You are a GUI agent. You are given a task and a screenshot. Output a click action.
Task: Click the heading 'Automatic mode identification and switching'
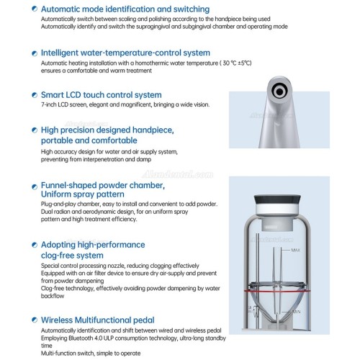pos(125,9)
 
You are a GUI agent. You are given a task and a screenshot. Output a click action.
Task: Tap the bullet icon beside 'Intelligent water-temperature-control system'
pos(35,53)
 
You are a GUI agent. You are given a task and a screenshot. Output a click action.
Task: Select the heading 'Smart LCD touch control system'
pos(101,95)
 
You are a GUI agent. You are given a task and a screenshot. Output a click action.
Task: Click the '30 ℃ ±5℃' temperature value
pos(237,63)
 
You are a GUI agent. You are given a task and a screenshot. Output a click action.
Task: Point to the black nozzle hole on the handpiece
pos(279,91)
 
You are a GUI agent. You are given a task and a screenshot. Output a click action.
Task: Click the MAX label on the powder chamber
pos(295,250)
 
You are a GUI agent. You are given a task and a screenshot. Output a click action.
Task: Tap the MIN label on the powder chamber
pos(296,312)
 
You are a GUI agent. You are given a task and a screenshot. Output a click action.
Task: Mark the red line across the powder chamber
pos(277,291)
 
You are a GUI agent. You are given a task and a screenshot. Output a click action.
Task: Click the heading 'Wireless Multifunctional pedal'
pos(97,320)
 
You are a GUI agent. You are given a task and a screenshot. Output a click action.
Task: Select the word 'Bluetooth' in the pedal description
pos(78,338)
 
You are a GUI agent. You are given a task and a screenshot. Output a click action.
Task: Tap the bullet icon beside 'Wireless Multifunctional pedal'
pos(35,320)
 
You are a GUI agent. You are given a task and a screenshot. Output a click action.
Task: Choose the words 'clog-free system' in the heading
pos(72,256)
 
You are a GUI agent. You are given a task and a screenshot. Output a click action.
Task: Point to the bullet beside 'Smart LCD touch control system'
pos(35,95)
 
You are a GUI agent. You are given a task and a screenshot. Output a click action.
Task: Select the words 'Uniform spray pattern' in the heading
pos(83,194)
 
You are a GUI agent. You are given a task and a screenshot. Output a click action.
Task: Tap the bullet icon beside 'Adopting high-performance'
pos(35,245)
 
